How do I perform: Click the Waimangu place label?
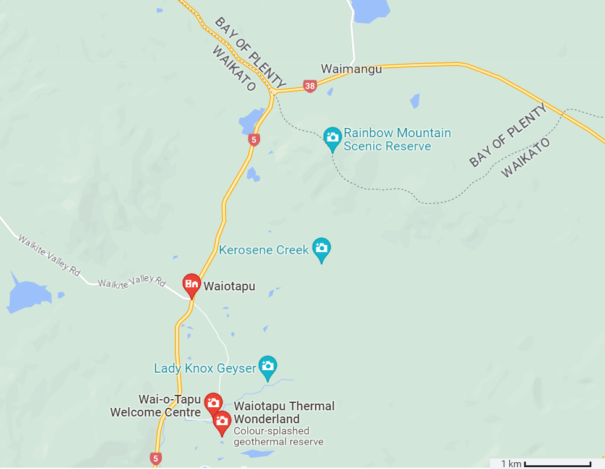point(351,69)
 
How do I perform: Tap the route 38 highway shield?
point(310,87)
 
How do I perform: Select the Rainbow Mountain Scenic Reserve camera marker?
point(332,138)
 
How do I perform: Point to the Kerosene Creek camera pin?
point(321,249)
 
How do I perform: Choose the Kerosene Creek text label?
point(264,250)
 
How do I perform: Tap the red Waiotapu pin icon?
point(192,284)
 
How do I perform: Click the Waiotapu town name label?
point(229,286)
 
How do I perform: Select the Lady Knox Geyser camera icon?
point(267,365)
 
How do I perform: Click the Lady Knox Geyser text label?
point(205,368)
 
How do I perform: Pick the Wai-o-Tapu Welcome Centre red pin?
point(213,404)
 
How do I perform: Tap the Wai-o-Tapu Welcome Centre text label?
point(156,406)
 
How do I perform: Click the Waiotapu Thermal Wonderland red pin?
point(222,422)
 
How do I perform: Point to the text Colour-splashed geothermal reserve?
point(278,436)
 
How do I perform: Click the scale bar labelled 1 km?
point(557,463)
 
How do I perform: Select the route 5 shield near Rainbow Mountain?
point(253,140)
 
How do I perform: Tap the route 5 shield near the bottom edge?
point(155,458)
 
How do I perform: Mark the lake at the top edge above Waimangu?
point(371,9)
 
